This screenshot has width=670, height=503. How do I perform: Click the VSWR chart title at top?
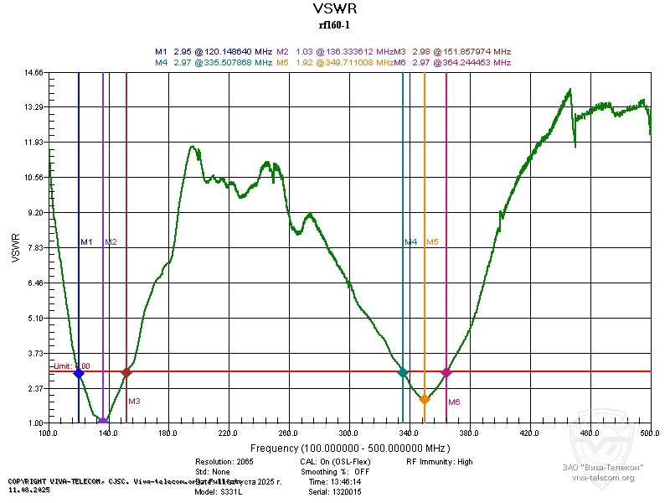click(334, 9)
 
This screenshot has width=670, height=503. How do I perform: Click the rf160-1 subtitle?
click(334, 25)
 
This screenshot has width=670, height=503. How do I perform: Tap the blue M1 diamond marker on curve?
click(79, 373)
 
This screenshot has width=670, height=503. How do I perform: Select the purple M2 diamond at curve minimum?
click(103, 421)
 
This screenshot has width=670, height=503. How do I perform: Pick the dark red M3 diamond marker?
click(126, 372)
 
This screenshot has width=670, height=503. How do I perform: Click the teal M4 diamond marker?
click(403, 372)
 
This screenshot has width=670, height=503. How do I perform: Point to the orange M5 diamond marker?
click(425, 400)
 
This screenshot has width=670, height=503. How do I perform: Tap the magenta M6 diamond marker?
click(446, 372)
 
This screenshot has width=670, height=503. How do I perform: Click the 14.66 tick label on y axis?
click(33, 73)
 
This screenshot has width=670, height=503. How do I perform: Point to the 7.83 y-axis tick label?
click(33, 248)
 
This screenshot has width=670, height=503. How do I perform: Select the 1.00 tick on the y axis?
click(33, 423)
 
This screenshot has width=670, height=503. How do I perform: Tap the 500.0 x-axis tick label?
click(650, 433)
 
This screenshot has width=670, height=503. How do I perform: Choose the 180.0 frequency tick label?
click(168, 433)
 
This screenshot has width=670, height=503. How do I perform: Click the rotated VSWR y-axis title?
click(15, 248)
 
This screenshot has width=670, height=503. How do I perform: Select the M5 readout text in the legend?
click(333, 63)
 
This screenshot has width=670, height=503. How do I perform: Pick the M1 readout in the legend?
click(213, 52)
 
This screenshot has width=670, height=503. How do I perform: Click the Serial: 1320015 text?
click(327, 492)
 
